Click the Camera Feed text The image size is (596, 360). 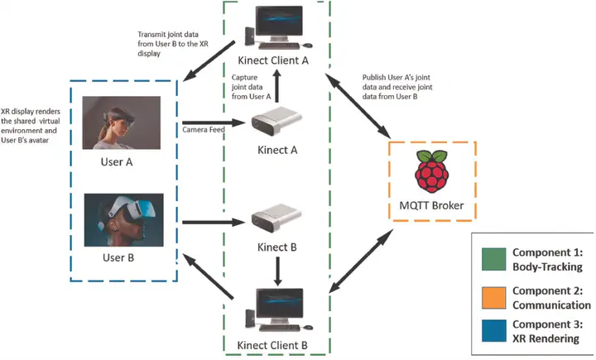[203, 131]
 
